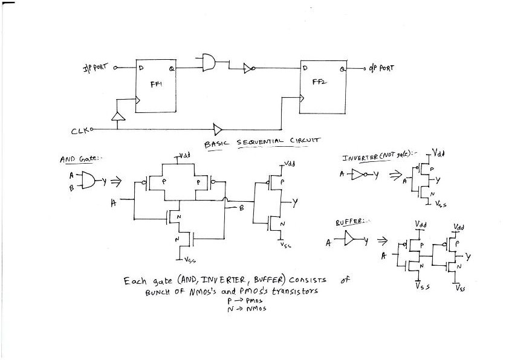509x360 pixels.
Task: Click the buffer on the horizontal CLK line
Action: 218,129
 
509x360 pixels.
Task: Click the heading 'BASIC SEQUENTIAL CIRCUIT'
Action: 261,141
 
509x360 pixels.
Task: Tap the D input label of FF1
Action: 141,68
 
